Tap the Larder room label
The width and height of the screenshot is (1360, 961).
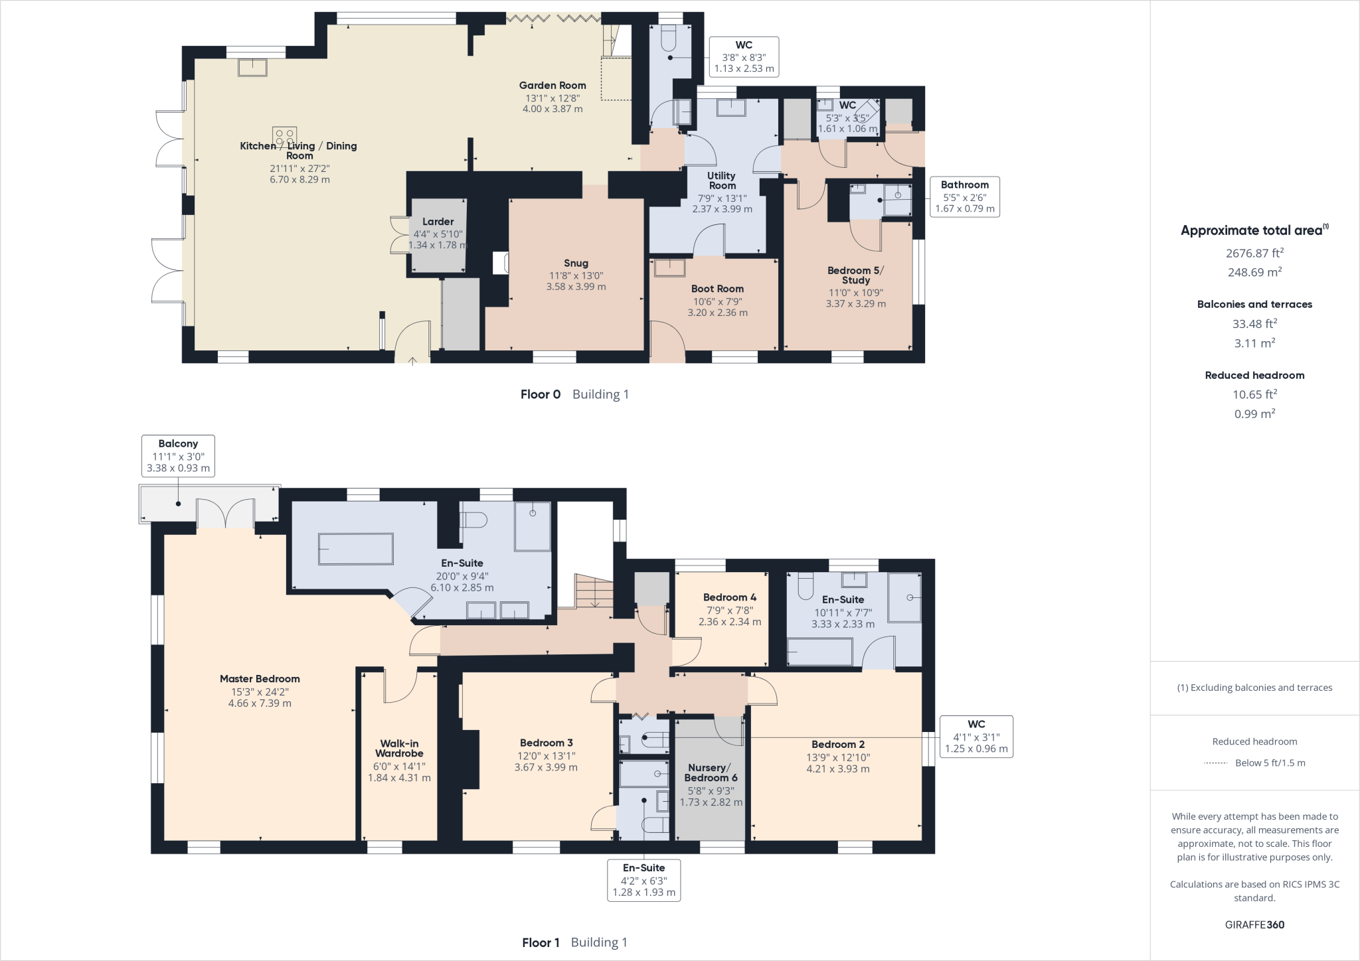coord(438,222)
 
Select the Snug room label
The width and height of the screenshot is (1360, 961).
coord(576,263)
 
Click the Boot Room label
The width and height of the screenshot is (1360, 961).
coord(717,289)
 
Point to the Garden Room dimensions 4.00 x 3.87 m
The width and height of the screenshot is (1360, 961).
coord(552,109)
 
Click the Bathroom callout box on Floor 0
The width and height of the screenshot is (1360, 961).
coord(964,196)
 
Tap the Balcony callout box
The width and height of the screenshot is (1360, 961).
coord(178,455)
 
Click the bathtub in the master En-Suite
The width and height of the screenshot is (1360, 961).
coord(356,550)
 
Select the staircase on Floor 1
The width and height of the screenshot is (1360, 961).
coord(594,591)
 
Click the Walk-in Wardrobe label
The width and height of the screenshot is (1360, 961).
coord(399,749)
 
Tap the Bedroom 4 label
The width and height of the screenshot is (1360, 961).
coord(730,597)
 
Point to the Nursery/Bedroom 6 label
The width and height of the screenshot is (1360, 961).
coord(711,773)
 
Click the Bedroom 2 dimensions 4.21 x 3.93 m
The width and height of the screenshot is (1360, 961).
coord(838,769)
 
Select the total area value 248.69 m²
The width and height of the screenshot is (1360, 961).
coord(1254,272)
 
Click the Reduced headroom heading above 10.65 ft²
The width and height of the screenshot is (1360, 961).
coord(1254,375)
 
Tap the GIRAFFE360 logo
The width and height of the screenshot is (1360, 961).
coord(1254,924)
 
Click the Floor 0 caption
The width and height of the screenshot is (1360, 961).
coord(541,394)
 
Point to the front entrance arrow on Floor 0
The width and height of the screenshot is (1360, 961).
coord(412,360)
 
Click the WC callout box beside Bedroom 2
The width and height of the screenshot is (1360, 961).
coord(976,737)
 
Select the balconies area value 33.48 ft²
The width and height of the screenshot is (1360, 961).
coord(1254,324)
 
